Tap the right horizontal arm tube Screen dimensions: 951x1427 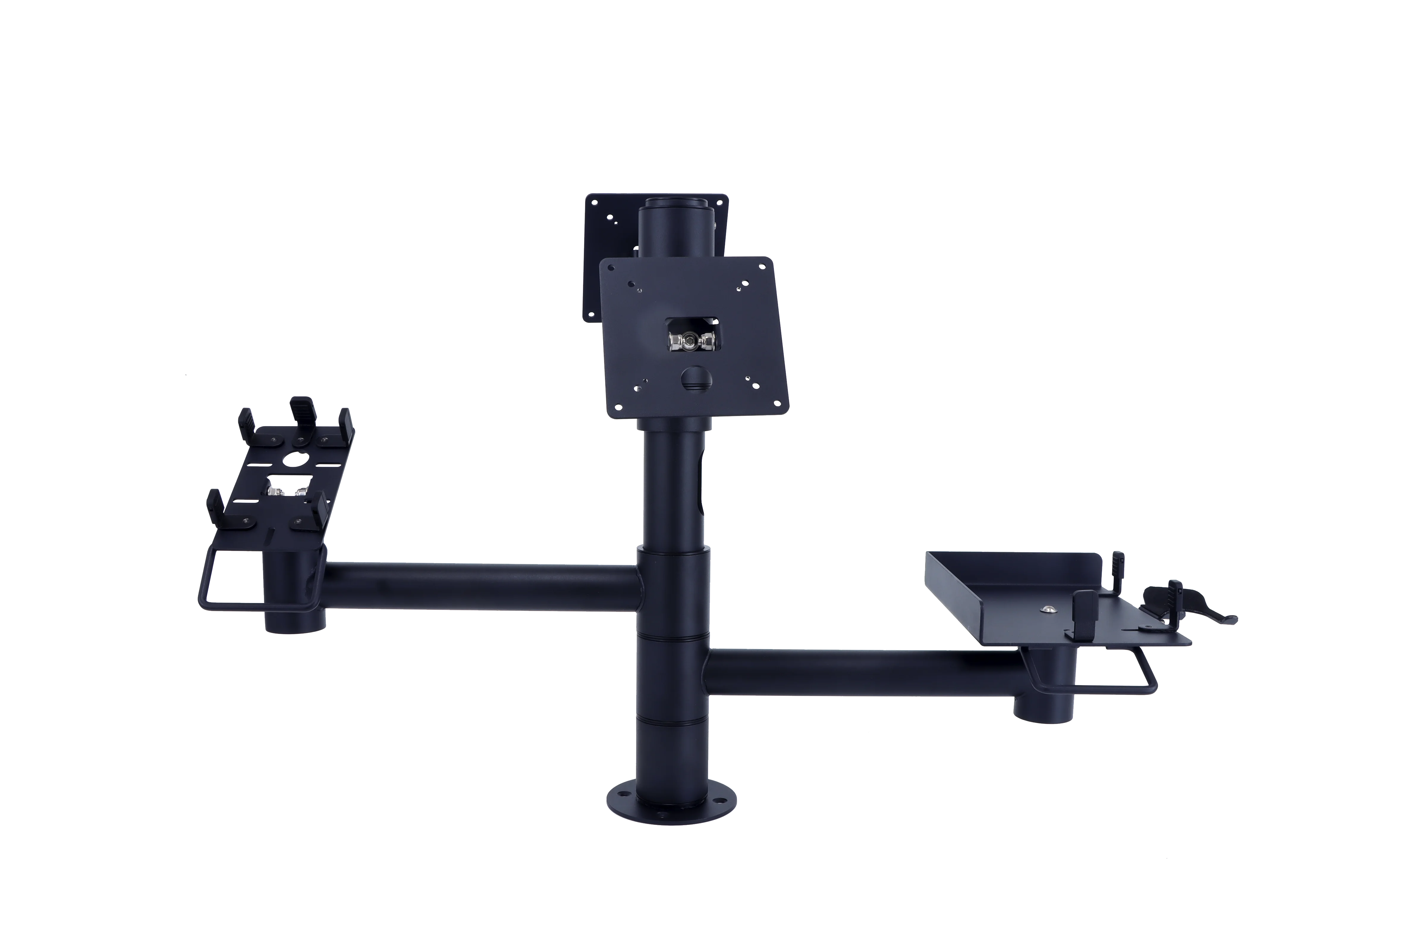[x=862, y=672]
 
